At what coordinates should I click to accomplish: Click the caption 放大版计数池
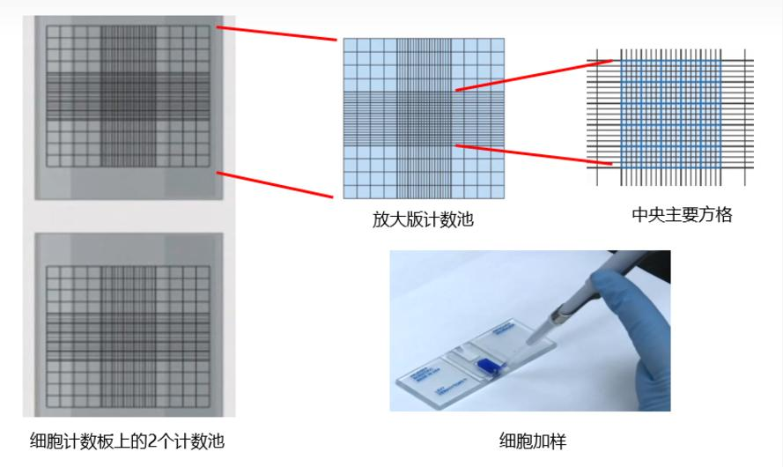(423, 219)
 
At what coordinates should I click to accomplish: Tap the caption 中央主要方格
(682, 215)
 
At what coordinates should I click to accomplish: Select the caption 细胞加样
(533, 441)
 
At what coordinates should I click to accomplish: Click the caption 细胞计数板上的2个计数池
(128, 441)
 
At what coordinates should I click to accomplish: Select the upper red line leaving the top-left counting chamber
(277, 33)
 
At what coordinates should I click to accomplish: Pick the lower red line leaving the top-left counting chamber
(275, 185)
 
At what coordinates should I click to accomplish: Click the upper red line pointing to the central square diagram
(534, 76)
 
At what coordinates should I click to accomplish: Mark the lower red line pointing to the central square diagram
(534, 154)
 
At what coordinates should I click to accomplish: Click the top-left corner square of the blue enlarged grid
(350, 45)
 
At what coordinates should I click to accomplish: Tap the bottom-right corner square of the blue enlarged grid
(498, 191)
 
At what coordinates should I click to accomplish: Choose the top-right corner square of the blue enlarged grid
(498, 45)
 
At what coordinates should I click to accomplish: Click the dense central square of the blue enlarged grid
(424, 118)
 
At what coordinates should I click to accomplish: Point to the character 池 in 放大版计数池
(465, 219)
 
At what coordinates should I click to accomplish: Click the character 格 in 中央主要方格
(724, 215)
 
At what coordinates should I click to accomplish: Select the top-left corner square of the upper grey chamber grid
(53, 32)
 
